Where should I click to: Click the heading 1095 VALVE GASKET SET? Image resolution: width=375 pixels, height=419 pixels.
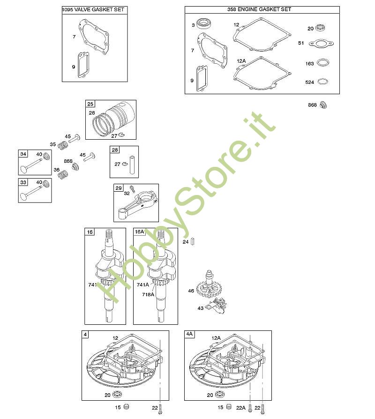(93, 10)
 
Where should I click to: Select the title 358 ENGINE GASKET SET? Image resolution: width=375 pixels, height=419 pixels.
(259, 9)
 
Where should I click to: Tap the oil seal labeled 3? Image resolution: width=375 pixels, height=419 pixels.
(205, 24)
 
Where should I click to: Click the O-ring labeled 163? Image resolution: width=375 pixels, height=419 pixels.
(323, 63)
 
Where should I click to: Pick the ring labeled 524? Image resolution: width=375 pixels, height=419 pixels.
(323, 82)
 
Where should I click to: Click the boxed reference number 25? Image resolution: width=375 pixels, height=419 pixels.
(90, 104)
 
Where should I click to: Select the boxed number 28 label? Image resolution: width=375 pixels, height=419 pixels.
(115, 150)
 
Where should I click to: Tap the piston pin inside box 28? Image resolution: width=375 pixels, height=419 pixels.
(133, 165)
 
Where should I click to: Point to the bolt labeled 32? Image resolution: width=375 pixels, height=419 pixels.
(132, 189)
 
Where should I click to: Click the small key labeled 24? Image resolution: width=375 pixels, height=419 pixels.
(193, 241)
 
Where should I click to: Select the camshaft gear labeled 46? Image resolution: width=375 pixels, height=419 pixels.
(209, 285)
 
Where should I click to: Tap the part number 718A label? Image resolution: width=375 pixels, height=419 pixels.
(148, 294)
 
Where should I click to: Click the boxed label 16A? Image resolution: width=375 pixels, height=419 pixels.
(139, 232)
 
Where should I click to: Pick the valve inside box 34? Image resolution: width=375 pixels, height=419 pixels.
(31, 166)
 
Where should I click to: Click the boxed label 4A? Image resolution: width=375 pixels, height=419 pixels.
(189, 334)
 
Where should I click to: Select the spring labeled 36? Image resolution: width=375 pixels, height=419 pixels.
(63, 174)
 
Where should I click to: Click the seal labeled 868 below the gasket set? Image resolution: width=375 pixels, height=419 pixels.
(323, 105)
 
